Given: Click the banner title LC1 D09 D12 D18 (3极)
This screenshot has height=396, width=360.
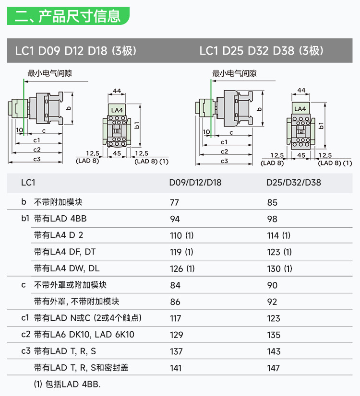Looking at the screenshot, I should click(76, 51).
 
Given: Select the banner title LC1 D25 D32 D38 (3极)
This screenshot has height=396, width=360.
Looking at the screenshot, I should click(261, 51).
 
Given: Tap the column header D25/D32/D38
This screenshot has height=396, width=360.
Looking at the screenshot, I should click(294, 183).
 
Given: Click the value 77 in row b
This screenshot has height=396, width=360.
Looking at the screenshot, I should click(175, 202).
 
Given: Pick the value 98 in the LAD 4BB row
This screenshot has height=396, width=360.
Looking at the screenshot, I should click(272, 219).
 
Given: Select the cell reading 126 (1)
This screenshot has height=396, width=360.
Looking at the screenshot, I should click(182, 268).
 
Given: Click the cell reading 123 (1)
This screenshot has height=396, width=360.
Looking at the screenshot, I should click(279, 252).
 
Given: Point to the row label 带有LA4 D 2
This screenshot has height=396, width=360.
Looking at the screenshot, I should click(59, 235).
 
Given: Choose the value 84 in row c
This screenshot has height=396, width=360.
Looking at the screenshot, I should click(175, 285).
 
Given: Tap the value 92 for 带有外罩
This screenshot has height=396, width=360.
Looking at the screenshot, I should click(272, 302).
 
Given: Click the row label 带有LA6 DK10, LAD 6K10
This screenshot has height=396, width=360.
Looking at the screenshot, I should click(84, 335).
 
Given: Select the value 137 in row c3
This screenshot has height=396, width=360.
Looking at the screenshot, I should click(177, 351).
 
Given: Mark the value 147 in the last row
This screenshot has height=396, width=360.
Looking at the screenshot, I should click(274, 368).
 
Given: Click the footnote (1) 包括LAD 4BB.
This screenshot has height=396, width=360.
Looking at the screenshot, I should click(67, 384).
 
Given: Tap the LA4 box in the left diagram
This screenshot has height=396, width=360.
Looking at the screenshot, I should click(117, 110).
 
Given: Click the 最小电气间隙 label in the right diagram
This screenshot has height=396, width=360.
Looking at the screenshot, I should click(234, 73).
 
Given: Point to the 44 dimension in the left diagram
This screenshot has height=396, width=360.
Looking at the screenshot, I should click(117, 91).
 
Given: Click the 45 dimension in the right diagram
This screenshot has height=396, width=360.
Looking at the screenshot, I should click(301, 155).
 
